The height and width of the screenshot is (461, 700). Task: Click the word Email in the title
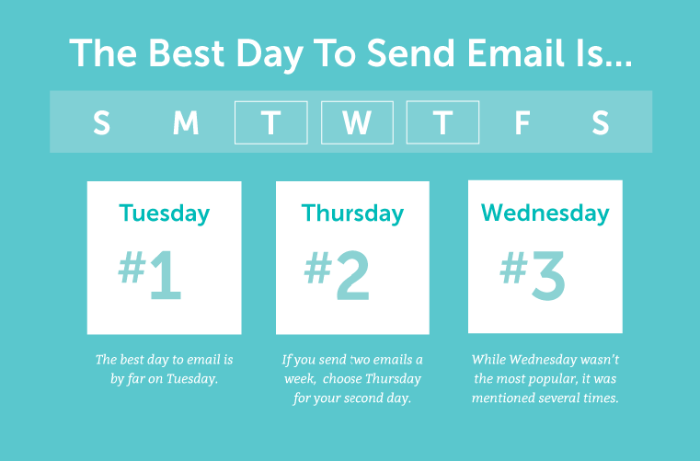click(x=515, y=52)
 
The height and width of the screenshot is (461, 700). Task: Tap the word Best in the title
click(x=186, y=52)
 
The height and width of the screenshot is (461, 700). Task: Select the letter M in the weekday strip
click(x=186, y=122)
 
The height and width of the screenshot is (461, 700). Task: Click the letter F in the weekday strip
click(x=522, y=122)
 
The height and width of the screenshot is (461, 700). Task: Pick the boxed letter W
click(x=357, y=122)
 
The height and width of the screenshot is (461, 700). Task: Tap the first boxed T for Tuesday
click(x=271, y=122)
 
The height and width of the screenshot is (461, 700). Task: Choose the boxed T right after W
click(x=442, y=122)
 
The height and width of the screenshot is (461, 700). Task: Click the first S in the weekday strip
click(x=101, y=122)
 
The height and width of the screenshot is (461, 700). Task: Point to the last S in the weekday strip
click(x=601, y=122)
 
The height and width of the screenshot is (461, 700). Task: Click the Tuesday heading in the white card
click(x=165, y=213)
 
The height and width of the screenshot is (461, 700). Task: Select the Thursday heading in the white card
click(x=352, y=213)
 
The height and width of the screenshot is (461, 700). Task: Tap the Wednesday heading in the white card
click(x=545, y=213)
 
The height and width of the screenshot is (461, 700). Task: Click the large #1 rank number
click(x=150, y=274)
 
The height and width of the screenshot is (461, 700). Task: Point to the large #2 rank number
click(x=337, y=274)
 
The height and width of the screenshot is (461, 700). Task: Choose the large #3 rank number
click(x=533, y=274)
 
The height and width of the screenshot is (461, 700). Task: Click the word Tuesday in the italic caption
click(x=192, y=379)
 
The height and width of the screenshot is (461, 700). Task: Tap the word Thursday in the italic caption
click(x=394, y=379)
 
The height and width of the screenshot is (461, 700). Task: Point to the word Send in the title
click(x=411, y=52)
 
